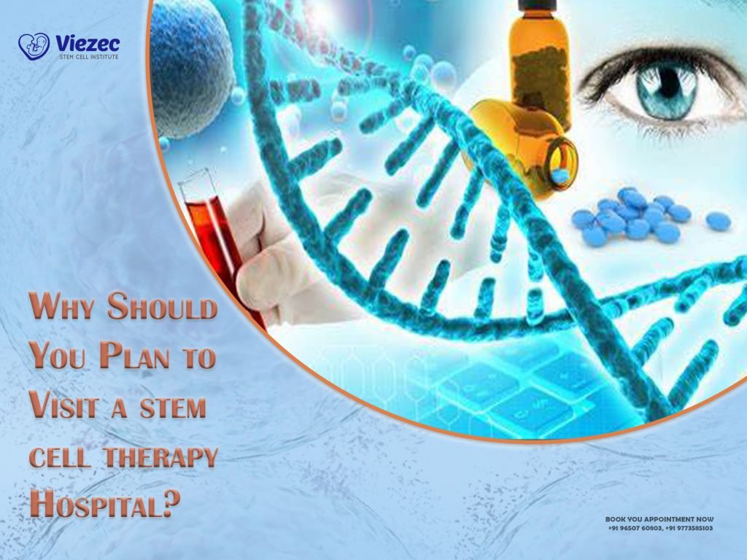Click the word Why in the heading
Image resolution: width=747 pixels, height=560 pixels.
(x=64, y=309)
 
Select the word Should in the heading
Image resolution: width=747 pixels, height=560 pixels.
(x=162, y=309)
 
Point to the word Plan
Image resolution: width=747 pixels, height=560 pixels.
(x=143, y=357)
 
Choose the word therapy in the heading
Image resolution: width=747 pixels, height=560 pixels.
(x=160, y=456)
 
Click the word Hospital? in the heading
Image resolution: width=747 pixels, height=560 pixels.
(x=105, y=505)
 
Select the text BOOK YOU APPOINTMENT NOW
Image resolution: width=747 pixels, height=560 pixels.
(x=659, y=519)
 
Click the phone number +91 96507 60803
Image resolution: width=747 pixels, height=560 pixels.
(x=634, y=528)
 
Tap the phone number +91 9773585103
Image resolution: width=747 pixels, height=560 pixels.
(x=689, y=528)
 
